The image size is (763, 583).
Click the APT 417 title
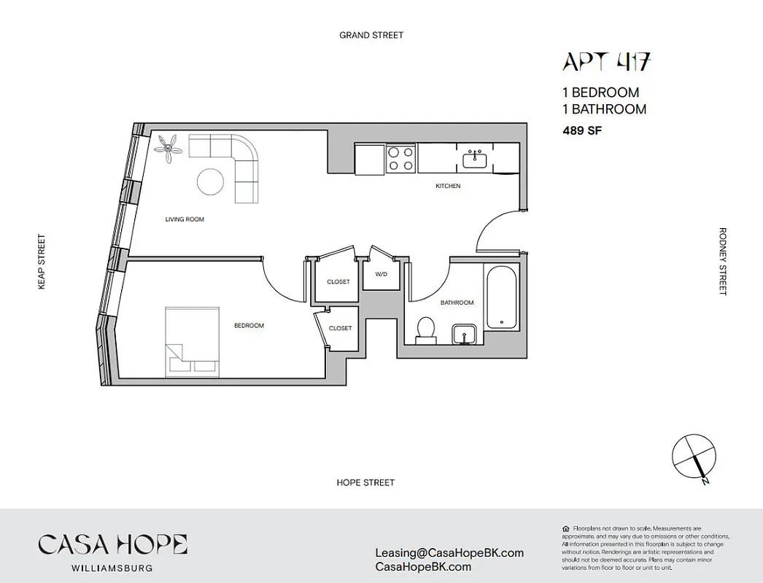pyautogui.click(x=605, y=63)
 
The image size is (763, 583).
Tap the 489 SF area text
pyautogui.click(x=581, y=131)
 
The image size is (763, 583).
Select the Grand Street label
pyautogui.click(x=371, y=35)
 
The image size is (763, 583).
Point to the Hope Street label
pyautogui.click(x=365, y=482)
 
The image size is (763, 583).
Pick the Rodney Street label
pyautogui.click(x=722, y=262)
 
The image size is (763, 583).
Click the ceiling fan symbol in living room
pyautogui.click(x=170, y=148)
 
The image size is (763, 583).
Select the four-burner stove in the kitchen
pyautogui.click(x=400, y=159)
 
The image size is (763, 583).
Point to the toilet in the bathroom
pyautogui.click(x=425, y=330)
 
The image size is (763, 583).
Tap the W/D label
pyautogui.click(x=381, y=275)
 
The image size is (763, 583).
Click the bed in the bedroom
pyautogui.click(x=192, y=340)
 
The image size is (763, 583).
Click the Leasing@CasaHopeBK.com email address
pyautogui.click(x=449, y=552)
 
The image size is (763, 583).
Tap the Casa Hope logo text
pyautogui.click(x=112, y=544)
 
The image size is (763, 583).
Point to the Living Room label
pyautogui.click(x=185, y=219)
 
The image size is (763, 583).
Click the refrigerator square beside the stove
pyautogui.click(x=369, y=158)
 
